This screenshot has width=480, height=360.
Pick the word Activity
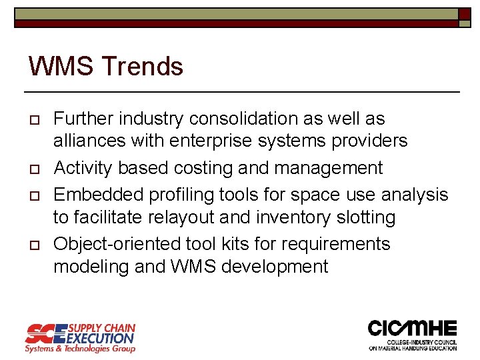(82, 168)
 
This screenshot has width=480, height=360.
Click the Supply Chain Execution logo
(80, 337)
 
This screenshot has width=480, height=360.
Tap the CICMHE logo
(413, 335)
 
